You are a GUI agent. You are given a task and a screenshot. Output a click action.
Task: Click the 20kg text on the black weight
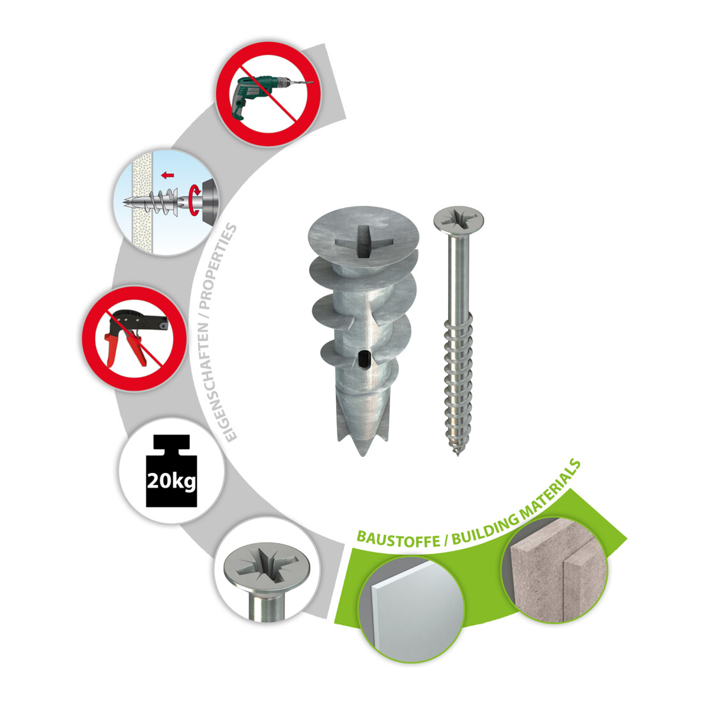pos(171,481)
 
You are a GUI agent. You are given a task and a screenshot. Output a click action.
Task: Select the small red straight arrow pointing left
pos(167,175)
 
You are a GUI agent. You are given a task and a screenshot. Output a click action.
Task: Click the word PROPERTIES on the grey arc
pos(217,267)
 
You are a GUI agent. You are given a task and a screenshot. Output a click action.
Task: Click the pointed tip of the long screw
pos(458,453)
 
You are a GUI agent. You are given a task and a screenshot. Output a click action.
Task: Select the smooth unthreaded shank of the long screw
pos(459,278)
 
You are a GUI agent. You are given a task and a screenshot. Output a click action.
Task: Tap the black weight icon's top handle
pos(171,443)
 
